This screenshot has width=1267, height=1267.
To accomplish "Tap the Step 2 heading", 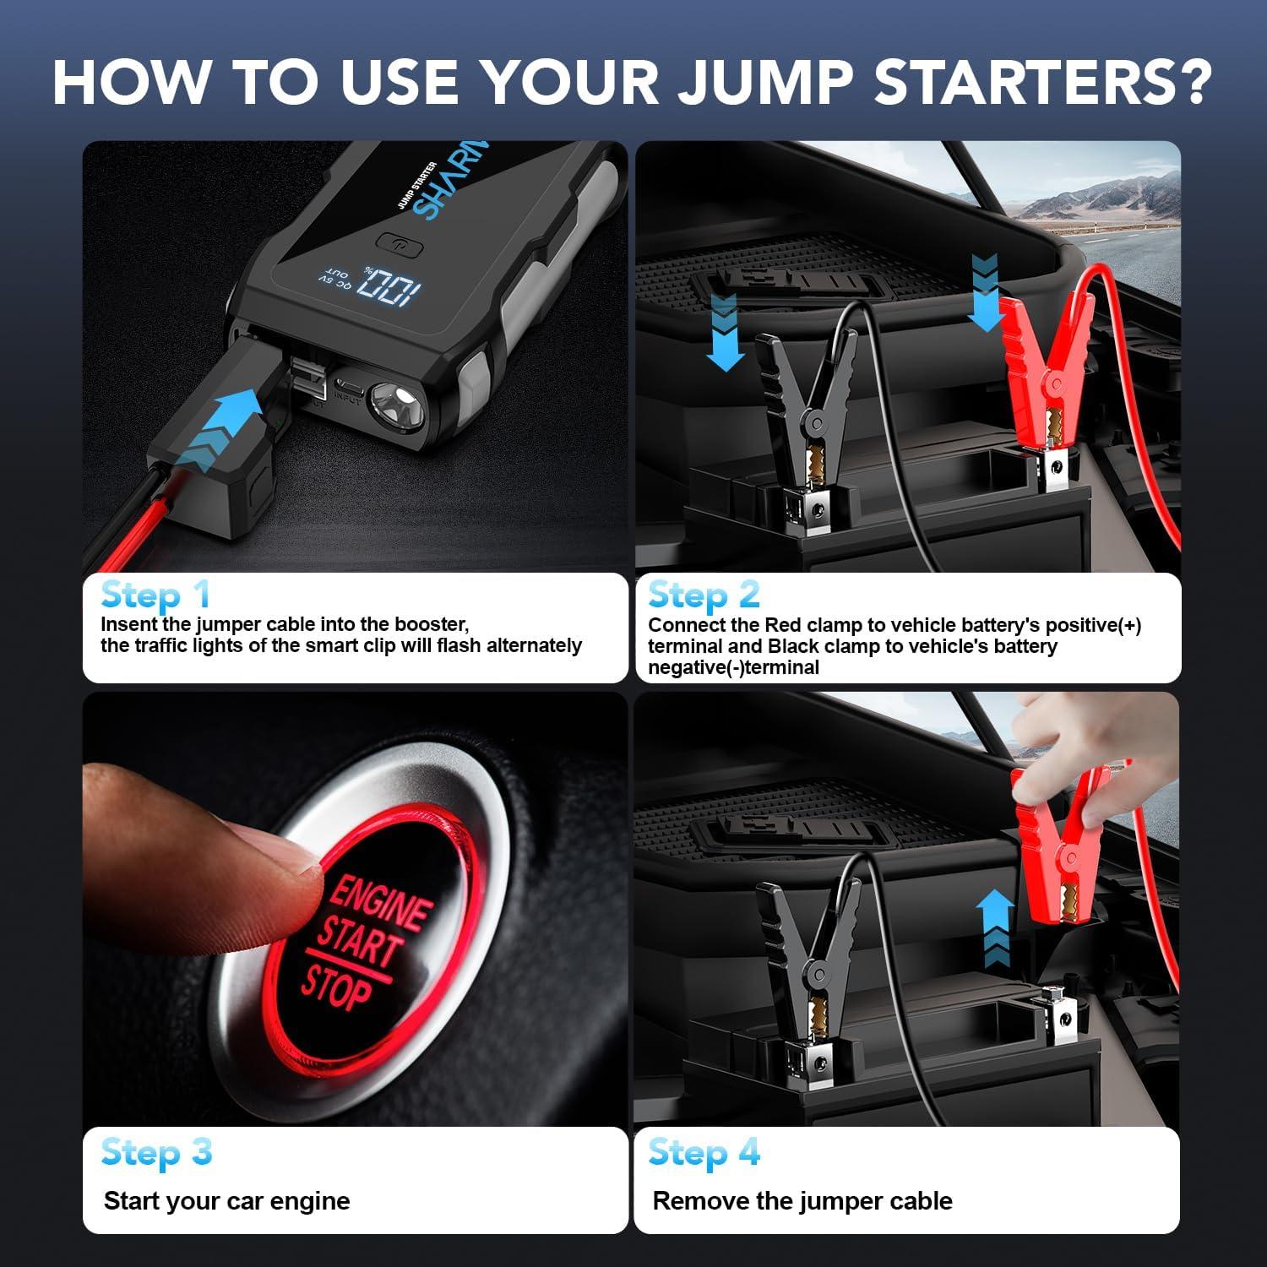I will coord(704,595).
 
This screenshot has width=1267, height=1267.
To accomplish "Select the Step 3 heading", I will coord(156,1153).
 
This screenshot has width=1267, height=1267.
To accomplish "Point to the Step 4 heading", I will coord(704,1153).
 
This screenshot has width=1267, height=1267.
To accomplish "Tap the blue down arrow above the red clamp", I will coord(984,291).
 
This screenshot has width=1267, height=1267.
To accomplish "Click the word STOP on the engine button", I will coord(335,988).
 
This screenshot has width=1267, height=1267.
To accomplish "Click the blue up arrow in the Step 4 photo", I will coord(994,929).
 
